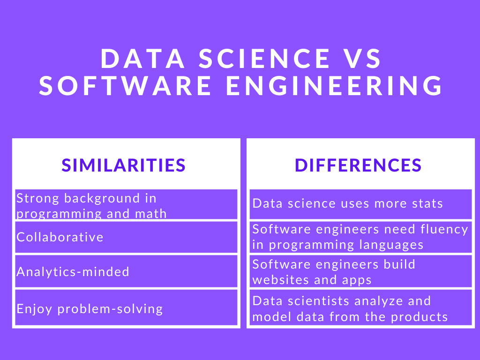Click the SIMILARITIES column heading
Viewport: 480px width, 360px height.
124,165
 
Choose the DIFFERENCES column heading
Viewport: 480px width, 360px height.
358,165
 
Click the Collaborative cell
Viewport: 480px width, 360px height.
60,237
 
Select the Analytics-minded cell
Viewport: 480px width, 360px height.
73,271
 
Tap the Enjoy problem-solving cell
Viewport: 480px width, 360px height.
90,309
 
